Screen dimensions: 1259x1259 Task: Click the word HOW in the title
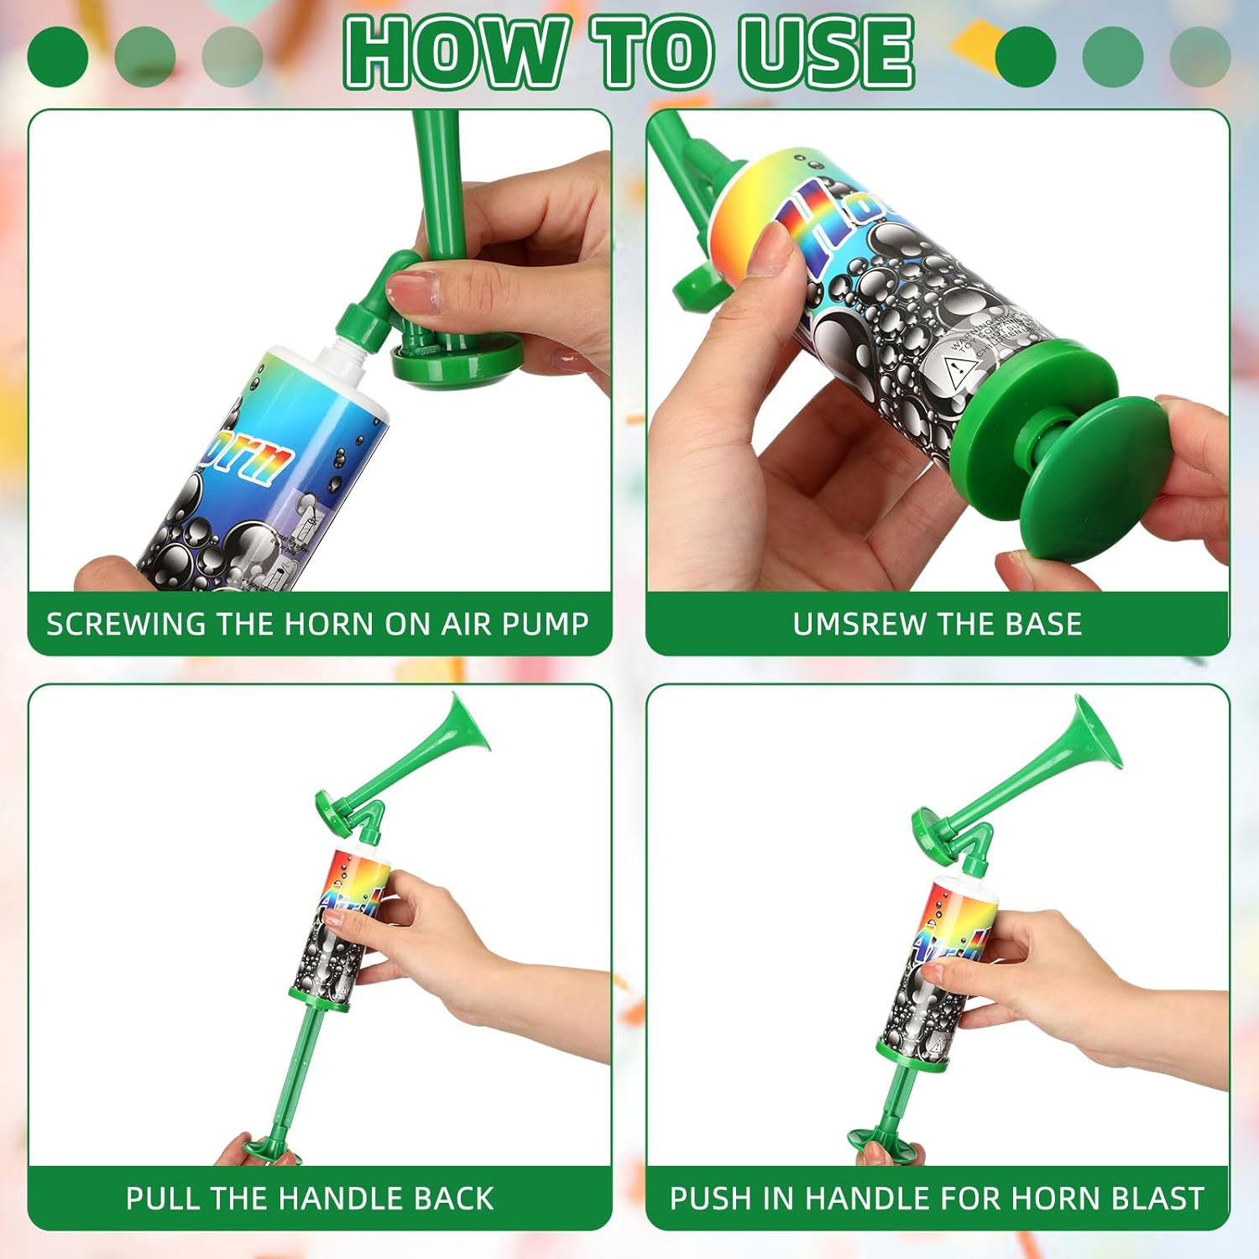tap(454, 52)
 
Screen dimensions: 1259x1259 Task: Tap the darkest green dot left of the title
tap(57, 56)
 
